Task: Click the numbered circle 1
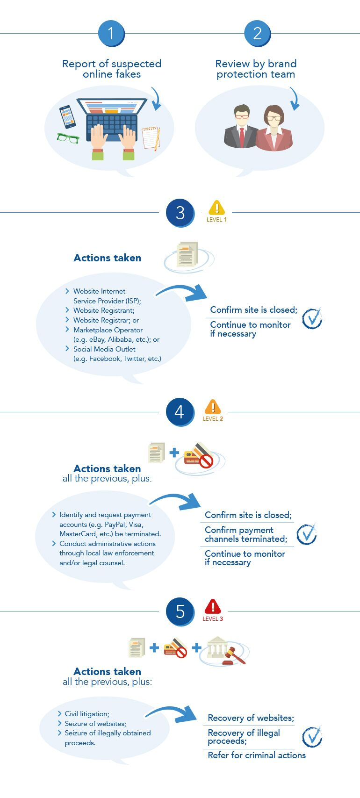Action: coord(111,33)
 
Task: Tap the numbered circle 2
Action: coord(257,33)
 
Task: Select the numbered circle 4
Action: coord(180,412)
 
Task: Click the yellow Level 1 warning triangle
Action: coord(216,208)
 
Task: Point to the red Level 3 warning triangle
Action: coord(213,607)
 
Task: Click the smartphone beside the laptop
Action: coord(67,117)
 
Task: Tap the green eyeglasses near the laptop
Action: coord(68,138)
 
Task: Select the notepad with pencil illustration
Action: coord(151,137)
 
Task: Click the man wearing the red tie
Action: coord(241,127)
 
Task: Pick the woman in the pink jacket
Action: coord(274,129)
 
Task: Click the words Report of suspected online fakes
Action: coord(112,69)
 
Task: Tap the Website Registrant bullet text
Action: coord(103,310)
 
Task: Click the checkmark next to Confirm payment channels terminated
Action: coord(307,534)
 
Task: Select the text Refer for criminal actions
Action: coord(257,755)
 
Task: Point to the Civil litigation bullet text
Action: coord(87,714)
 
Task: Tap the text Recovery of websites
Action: coord(251,718)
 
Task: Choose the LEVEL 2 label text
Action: coord(213,419)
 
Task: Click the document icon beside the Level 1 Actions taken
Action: coord(187,255)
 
